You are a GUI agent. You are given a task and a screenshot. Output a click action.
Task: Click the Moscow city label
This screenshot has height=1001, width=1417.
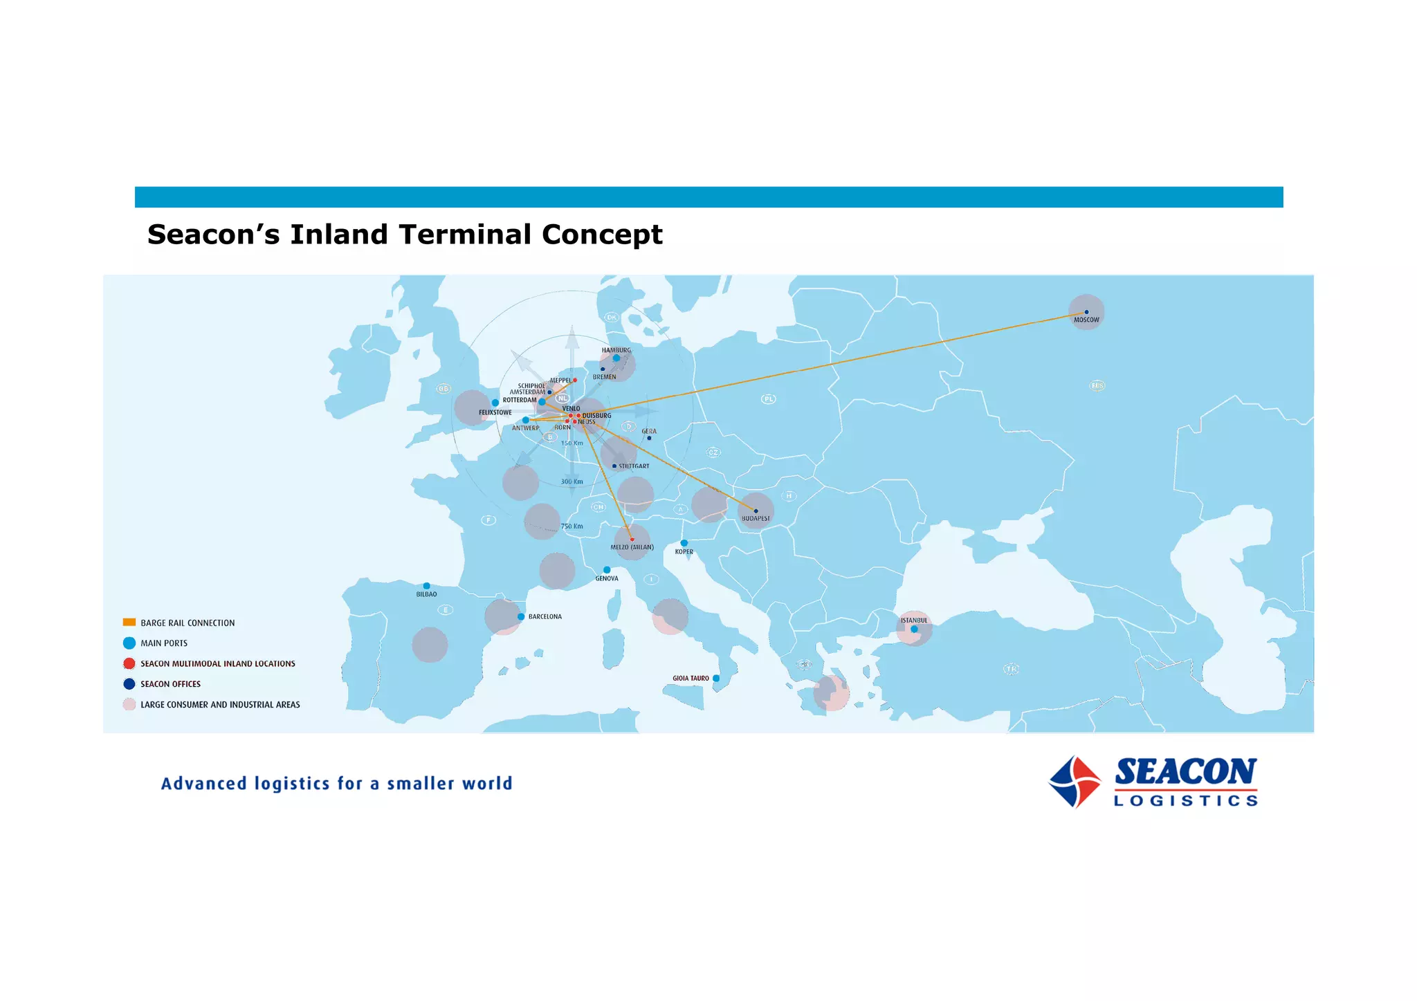tap(1086, 320)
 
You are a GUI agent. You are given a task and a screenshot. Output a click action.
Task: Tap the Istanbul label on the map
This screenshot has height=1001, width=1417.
tap(913, 621)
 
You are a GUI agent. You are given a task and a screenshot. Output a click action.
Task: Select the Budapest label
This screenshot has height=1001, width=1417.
tap(756, 518)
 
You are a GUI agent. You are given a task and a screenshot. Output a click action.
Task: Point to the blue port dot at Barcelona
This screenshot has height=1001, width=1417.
tap(521, 616)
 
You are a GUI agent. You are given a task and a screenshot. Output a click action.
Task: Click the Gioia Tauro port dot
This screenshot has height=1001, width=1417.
tap(716, 678)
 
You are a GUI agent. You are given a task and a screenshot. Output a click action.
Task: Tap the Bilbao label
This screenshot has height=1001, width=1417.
tap(426, 594)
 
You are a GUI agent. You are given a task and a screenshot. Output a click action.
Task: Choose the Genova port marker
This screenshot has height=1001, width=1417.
tap(607, 570)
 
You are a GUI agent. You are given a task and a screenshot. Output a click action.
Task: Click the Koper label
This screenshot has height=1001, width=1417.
tap(684, 552)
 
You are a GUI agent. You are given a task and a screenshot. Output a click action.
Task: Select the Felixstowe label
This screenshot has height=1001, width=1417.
tap(495, 412)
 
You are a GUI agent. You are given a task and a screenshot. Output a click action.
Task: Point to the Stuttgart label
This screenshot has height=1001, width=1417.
tap(634, 466)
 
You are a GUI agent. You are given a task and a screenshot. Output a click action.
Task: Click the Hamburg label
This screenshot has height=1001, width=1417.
tap(616, 350)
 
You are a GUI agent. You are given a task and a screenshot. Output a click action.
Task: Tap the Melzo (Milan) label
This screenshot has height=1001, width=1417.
tap(632, 547)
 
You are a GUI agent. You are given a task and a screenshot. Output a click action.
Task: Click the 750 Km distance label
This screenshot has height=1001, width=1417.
tap(572, 526)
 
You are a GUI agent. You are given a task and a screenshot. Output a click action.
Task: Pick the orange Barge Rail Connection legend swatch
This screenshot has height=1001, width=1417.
tap(129, 623)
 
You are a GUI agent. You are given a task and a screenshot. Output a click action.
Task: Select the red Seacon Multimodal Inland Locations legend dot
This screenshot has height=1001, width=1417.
tap(129, 663)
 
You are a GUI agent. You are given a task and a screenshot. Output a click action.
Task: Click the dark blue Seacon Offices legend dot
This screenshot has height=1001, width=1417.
tap(129, 684)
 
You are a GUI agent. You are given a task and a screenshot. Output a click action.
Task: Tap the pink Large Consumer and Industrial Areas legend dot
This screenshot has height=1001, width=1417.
tap(129, 704)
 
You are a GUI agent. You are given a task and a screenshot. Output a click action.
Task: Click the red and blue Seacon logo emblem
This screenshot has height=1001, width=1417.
tap(1075, 782)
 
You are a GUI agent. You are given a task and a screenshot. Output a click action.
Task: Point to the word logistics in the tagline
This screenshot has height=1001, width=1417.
tap(292, 784)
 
